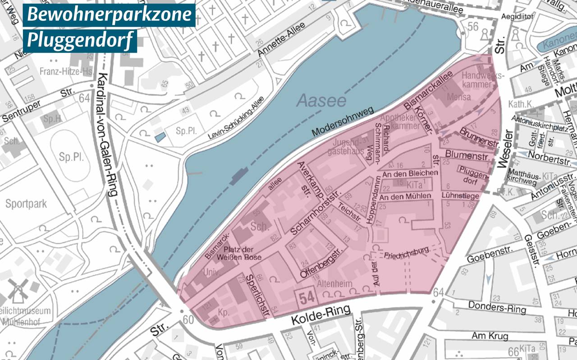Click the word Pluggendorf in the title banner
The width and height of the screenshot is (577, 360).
[x=80, y=41]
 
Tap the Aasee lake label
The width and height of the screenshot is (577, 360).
[x=321, y=100]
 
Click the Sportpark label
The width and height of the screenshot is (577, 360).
[x=26, y=204]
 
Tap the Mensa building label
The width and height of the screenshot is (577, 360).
[x=458, y=97]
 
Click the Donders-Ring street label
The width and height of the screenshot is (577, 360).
[x=497, y=307]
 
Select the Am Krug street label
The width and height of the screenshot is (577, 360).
[x=490, y=336]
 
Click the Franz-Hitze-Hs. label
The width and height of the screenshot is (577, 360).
[x=66, y=71]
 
